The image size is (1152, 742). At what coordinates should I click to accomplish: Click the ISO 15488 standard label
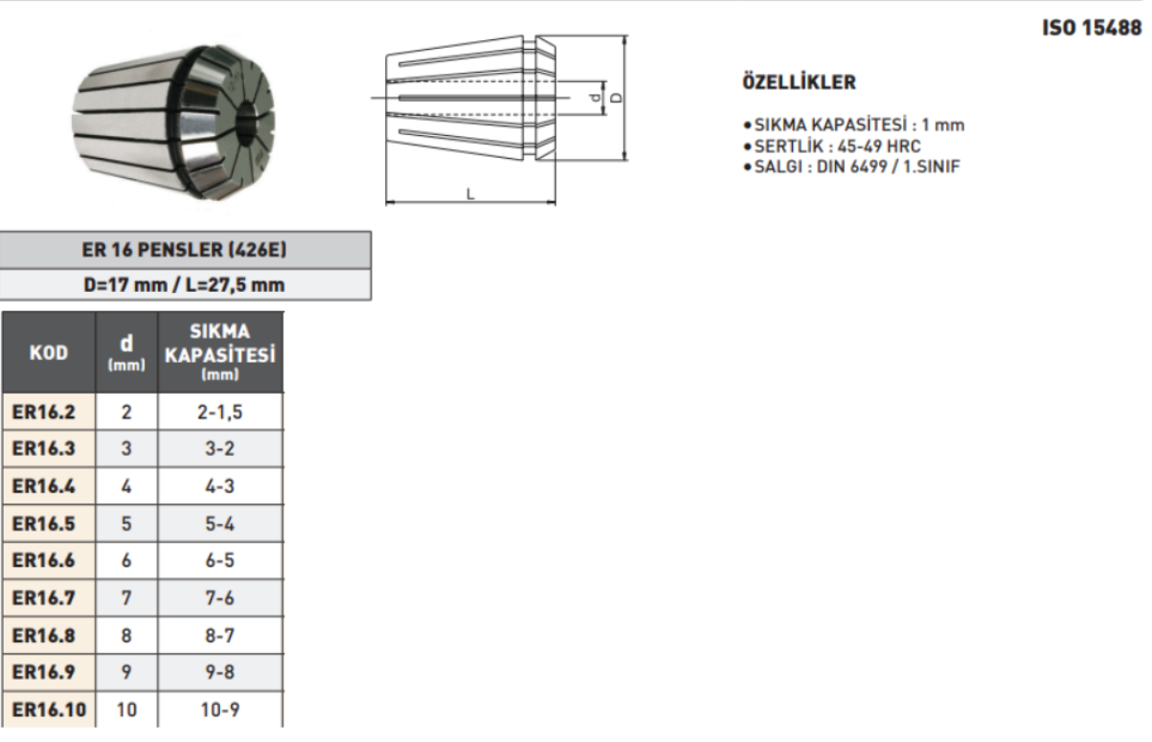point(1092,27)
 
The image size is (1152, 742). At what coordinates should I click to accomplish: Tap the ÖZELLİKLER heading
point(800,81)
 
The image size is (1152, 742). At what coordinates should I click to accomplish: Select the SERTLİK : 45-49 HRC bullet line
point(832,146)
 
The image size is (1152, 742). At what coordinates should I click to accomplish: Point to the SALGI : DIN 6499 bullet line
point(851,167)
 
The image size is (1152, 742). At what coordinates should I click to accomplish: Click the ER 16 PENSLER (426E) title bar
point(185,250)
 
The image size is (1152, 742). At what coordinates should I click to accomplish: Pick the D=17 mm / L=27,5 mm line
point(185,284)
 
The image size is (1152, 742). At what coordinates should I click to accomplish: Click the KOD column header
point(49,352)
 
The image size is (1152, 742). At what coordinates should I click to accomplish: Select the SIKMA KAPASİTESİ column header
point(220,352)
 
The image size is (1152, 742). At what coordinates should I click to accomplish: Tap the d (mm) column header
point(126,352)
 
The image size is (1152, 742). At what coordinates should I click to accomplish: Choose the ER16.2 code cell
point(49,412)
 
